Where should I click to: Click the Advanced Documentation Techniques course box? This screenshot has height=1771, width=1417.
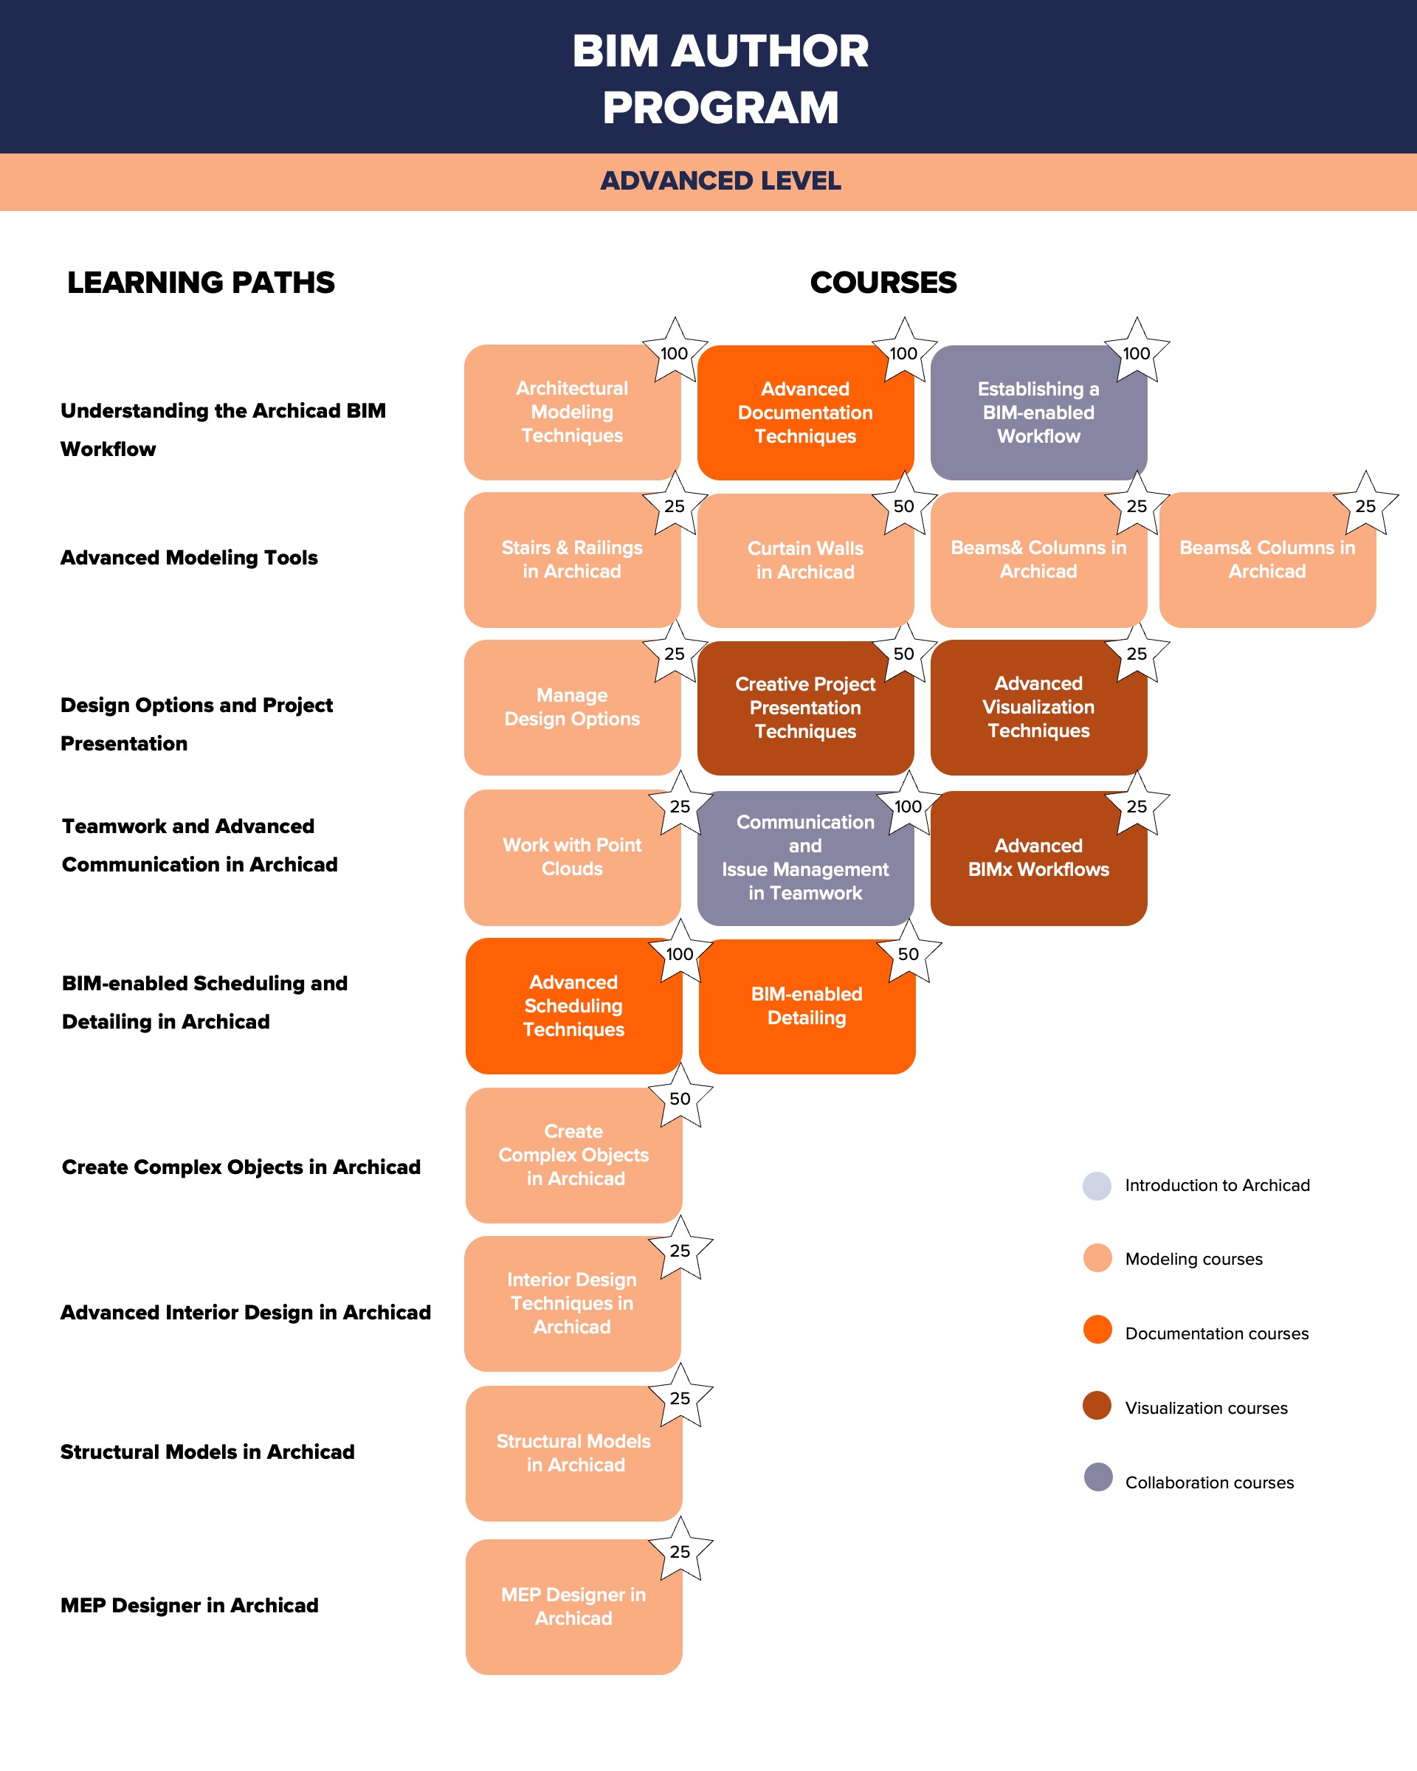(x=805, y=412)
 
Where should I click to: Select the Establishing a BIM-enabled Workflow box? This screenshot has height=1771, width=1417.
(x=1038, y=412)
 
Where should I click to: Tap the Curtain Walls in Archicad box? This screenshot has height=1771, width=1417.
(x=805, y=560)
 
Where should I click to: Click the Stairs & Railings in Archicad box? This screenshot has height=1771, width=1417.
(x=572, y=559)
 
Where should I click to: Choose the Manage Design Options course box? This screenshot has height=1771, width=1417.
(x=572, y=707)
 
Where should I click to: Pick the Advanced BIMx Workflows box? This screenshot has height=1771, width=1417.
(x=1038, y=857)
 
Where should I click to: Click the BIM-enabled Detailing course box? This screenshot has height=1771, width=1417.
(x=807, y=1007)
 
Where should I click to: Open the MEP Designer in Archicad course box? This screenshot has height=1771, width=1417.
(x=573, y=1606)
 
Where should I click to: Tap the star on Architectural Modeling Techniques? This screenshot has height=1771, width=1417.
(x=675, y=351)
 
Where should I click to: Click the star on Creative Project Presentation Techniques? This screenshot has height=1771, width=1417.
(x=903, y=653)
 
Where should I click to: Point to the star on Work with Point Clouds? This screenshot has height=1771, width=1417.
(x=680, y=805)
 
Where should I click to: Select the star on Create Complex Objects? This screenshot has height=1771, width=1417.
(x=680, y=1097)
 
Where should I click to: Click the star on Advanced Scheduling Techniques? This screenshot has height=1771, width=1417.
(x=680, y=953)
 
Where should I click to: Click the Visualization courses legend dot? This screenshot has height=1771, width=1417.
(x=1097, y=1406)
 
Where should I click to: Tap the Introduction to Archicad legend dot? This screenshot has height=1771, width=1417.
(x=1097, y=1185)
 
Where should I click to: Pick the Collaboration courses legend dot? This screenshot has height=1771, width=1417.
(x=1097, y=1477)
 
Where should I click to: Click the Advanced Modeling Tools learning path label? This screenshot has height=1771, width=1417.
(x=189, y=558)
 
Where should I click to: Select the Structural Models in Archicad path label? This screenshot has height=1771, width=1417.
(x=207, y=1451)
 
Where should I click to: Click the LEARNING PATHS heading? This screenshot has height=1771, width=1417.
(x=201, y=283)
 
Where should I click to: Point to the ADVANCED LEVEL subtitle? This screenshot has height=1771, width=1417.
(x=720, y=181)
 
